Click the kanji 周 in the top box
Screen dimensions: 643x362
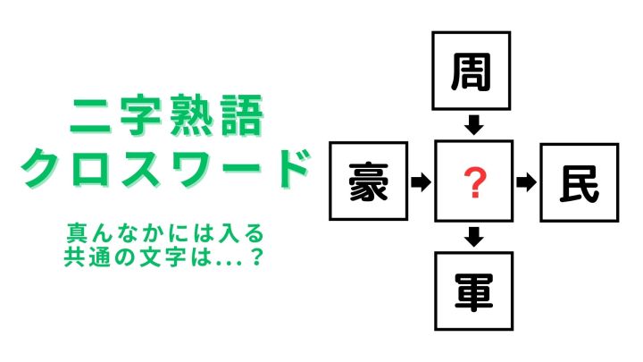pyautogui.click(x=472, y=72)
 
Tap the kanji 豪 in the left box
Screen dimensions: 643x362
pyautogui.click(x=368, y=181)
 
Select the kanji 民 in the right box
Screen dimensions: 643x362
pyautogui.click(x=580, y=184)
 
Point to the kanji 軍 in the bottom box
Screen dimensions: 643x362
pyautogui.click(x=473, y=291)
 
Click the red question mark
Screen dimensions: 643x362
pyautogui.click(x=475, y=183)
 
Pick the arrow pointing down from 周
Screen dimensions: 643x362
pyautogui.click(x=474, y=125)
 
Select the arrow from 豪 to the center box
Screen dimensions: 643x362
pyautogui.click(x=422, y=181)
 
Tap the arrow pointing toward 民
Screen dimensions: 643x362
pyautogui.click(x=527, y=182)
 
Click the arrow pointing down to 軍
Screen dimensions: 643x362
pyautogui.click(x=474, y=237)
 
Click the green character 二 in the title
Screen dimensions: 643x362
pyautogui.click(x=90, y=115)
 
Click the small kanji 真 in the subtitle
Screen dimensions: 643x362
pyautogui.click(x=77, y=233)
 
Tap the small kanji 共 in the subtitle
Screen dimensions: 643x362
pyautogui.click(x=74, y=257)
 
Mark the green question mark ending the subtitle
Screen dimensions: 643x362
pyautogui.click(x=256, y=257)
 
